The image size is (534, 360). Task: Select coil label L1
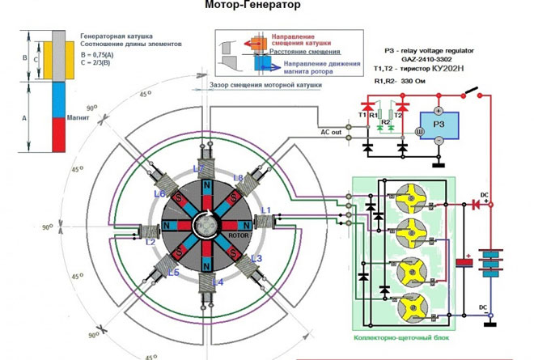[x=265, y=210]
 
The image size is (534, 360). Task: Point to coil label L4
[x=218, y=281]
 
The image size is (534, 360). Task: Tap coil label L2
[x=150, y=242]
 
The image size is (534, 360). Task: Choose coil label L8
[x=237, y=176]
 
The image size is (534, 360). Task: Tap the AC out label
[x=331, y=133]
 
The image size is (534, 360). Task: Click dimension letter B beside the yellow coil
[x=24, y=58]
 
